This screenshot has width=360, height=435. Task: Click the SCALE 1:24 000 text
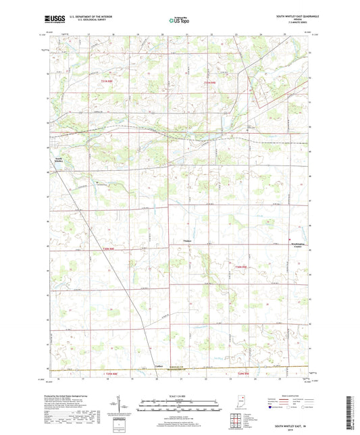pyautogui.click(x=179, y=395)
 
